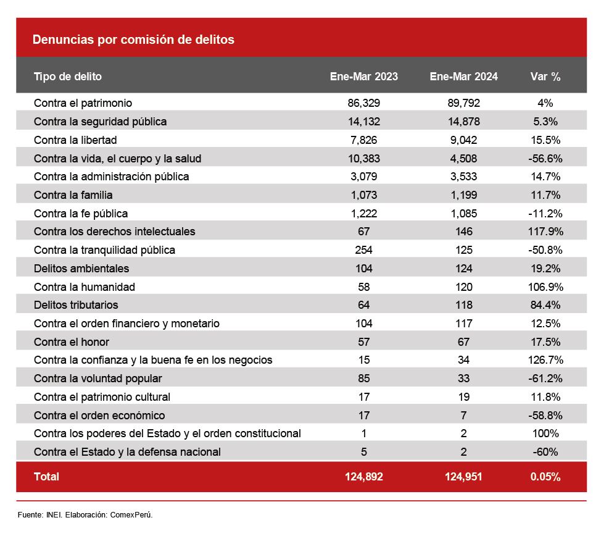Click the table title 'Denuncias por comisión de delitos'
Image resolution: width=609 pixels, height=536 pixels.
(x=133, y=40)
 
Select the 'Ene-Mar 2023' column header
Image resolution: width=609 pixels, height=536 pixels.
(x=364, y=77)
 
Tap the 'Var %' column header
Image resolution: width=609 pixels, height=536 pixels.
(x=545, y=77)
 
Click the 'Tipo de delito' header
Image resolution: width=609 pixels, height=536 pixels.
(x=68, y=77)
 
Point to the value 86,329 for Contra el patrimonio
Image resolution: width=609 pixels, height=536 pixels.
(x=364, y=103)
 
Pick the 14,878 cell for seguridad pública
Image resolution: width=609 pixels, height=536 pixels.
(x=463, y=122)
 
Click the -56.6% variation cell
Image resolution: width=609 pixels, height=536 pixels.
(x=545, y=159)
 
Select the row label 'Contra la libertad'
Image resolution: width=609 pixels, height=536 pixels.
(x=75, y=140)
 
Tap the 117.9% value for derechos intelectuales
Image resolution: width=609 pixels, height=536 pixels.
(x=545, y=232)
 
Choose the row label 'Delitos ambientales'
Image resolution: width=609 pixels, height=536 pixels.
(x=81, y=269)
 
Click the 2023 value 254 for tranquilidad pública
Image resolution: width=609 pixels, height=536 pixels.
(x=364, y=250)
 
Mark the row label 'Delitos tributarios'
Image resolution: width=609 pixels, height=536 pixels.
(x=76, y=305)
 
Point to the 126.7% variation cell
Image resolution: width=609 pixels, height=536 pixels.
(x=545, y=360)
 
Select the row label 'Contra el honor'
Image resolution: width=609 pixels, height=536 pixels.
(x=72, y=341)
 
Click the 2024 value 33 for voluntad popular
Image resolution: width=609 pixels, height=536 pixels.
(x=463, y=379)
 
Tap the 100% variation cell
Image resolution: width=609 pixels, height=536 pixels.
(x=545, y=433)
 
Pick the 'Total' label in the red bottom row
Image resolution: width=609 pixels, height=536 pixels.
(x=47, y=477)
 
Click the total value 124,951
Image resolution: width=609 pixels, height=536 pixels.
(x=463, y=477)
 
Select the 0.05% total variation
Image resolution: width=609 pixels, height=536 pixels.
(x=545, y=477)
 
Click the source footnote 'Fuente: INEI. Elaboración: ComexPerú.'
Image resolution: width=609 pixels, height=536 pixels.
(x=85, y=514)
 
